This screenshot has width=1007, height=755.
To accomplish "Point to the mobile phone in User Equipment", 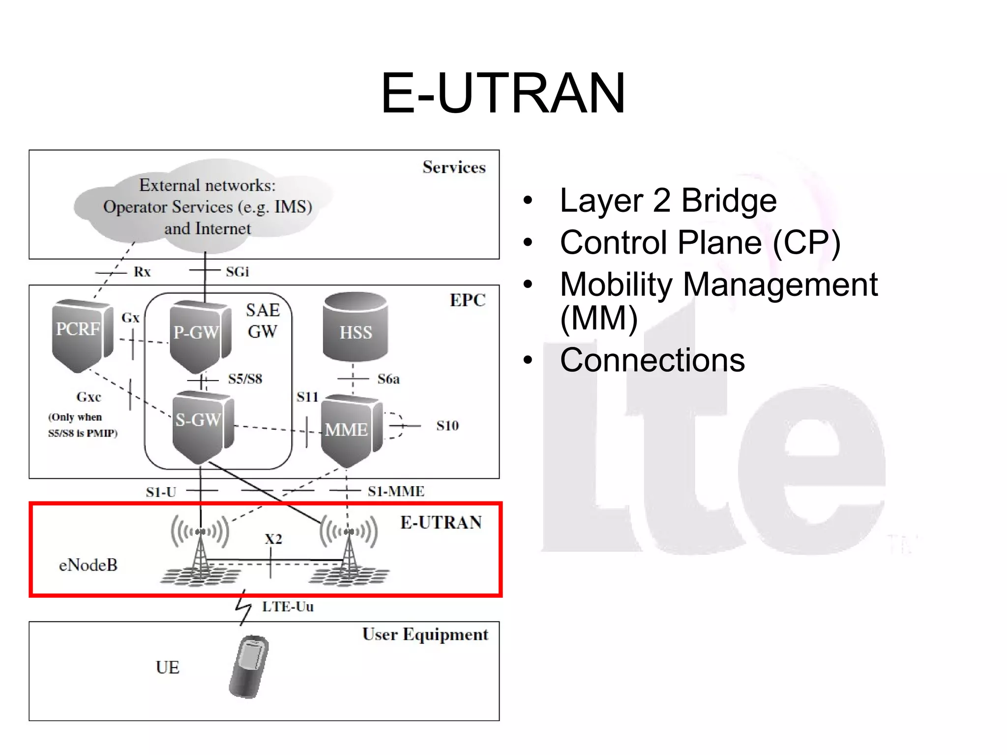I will (x=249, y=667).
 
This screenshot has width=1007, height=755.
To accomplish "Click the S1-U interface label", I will (x=161, y=492).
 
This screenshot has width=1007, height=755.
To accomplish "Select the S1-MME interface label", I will (x=396, y=491).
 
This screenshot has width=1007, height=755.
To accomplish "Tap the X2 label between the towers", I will (x=273, y=539).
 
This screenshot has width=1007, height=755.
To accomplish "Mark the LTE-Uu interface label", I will (x=288, y=607).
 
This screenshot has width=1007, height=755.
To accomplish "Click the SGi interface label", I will (x=237, y=272).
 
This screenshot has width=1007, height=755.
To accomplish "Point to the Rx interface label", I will (x=142, y=272).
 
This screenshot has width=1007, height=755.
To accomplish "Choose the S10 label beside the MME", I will (x=447, y=426).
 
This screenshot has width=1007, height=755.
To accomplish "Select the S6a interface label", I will (x=388, y=379).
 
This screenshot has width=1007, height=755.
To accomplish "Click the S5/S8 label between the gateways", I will (x=245, y=379).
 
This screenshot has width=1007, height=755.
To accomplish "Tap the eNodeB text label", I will (x=88, y=565).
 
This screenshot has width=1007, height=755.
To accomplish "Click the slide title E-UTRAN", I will (x=503, y=93).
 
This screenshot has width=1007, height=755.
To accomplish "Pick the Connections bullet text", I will (x=652, y=360).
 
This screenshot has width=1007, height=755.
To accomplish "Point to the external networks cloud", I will (x=207, y=206).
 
